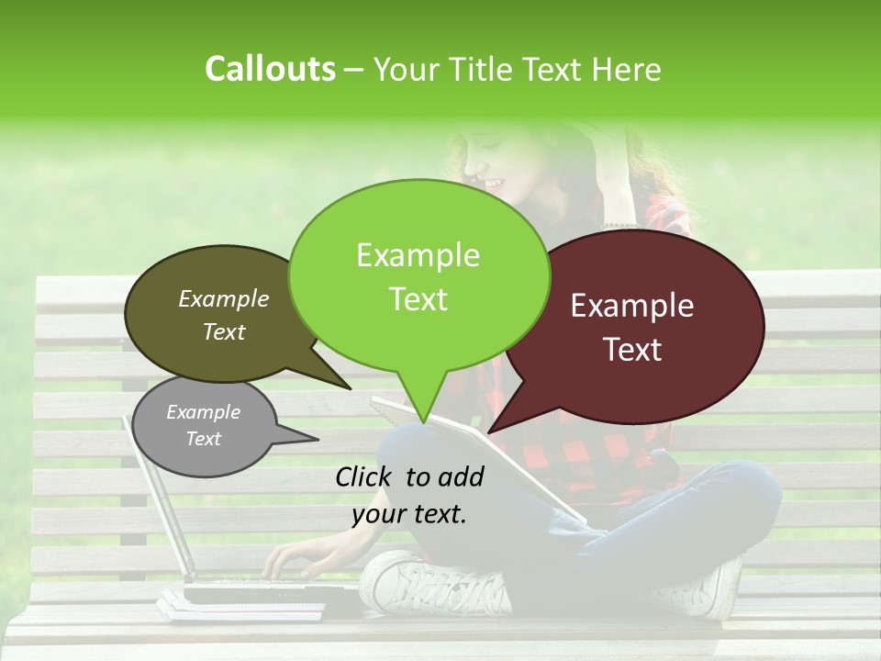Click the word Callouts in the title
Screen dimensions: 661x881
click(270, 69)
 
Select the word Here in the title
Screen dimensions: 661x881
click(628, 69)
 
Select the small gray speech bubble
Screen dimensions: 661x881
click(203, 426)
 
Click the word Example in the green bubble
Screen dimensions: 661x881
click(418, 255)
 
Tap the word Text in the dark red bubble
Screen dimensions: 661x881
click(633, 350)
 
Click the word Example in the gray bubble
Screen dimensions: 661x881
click(203, 412)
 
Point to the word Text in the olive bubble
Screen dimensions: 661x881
click(224, 332)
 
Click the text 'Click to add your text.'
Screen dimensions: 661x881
click(409, 495)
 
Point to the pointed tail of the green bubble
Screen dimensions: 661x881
click(421, 413)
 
